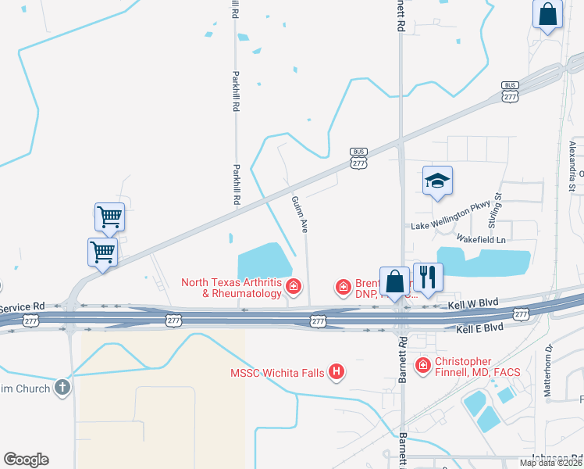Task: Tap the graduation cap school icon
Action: tap(437, 181)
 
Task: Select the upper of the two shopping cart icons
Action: tap(109, 217)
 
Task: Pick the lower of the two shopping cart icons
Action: tap(102, 252)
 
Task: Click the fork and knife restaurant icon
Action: tap(428, 277)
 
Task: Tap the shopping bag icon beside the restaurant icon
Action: tap(396, 281)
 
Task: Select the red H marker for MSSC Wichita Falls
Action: tap(337, 371)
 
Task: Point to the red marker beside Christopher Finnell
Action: tap(422, 365)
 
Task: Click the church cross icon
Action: tap(62, 388)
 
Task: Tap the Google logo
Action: tap(26, 460)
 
